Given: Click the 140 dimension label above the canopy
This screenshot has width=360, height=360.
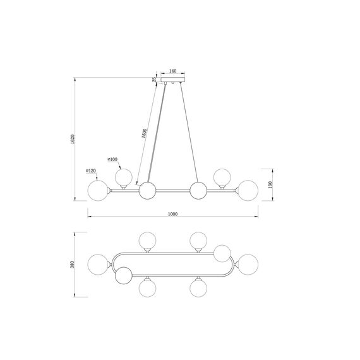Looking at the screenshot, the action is [x=172, y=71].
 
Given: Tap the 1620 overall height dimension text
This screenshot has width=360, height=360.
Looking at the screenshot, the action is [x=73, y=139].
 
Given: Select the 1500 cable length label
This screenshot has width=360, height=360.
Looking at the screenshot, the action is [x=144, y=133].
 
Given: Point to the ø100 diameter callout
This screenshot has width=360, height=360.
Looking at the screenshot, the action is [x=112, y=159].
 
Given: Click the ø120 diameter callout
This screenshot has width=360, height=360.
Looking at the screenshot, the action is [x=91, y=171].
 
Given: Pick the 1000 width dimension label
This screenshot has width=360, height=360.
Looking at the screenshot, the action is [x=173, y=214].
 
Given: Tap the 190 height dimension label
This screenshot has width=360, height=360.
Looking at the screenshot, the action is [x=270, y=184].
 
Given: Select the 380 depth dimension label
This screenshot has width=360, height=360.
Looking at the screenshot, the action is [x=73, y=265].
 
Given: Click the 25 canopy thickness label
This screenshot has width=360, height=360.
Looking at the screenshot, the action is [x=155, y=80].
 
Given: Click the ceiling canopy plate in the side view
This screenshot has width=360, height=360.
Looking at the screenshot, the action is [x=172, y=80].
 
